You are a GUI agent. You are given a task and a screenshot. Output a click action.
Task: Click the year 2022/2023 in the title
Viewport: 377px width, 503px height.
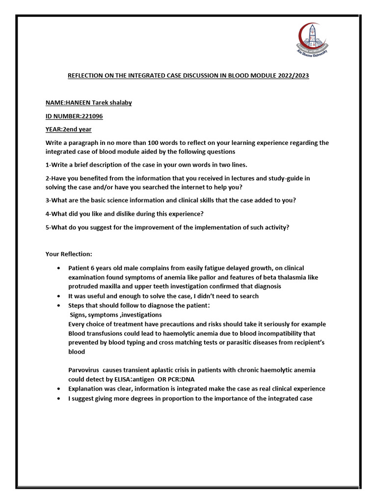coord(290,77)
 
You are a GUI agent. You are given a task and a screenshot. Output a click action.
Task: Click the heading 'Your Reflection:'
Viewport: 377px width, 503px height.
coord(69,254)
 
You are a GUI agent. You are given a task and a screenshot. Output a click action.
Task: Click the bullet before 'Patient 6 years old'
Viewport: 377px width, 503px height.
coord(59,268)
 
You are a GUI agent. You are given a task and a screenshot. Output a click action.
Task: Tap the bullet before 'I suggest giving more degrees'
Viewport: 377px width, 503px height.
coord(59,398)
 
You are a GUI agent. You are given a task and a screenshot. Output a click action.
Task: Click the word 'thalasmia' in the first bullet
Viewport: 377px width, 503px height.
coord(291,278)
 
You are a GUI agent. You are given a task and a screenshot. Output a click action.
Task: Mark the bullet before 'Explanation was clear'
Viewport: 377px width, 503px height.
coord(59,389)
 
